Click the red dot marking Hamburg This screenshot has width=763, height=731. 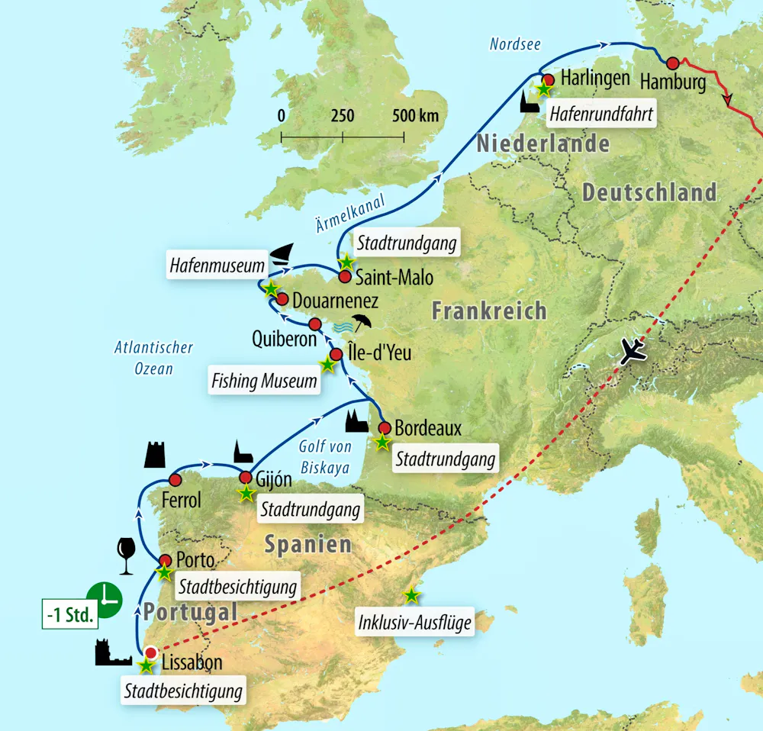(672, 63)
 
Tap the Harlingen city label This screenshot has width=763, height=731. (595, 78)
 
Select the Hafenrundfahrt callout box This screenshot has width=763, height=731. (600, 114)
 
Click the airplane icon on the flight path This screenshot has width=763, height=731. (633, 351)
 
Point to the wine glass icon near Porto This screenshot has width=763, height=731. (126, 555)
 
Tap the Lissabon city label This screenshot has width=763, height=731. (192, 662)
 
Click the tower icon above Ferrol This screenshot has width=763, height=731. (155, 454)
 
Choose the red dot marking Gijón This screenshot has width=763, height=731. (246, 478)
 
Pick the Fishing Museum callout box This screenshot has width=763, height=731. (263, 380)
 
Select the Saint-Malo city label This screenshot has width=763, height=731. (395, 277)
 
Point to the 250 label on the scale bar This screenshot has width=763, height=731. (343, 116)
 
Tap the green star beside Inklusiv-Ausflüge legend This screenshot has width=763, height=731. (411, 594)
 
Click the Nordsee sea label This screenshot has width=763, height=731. (515, 44)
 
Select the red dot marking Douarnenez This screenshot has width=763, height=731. (282, 299)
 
